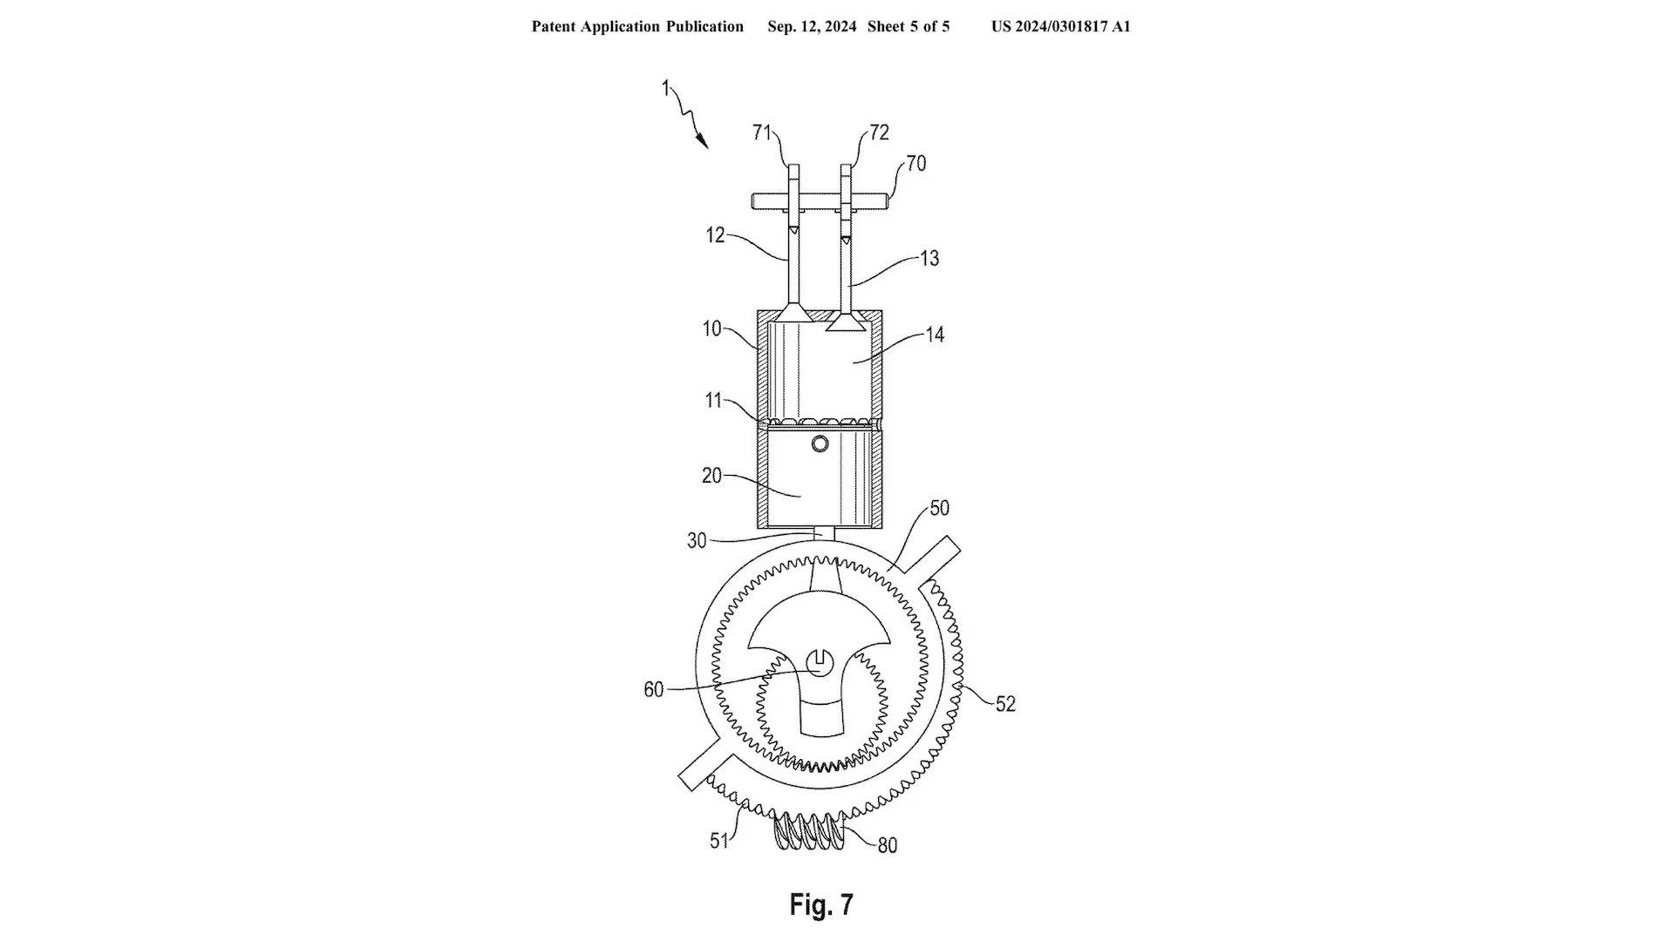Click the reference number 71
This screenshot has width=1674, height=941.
pyautogui.click(x=762, y=132)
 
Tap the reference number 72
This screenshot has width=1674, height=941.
pyautogui.click(x=879, y=132)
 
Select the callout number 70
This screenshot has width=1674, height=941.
pyautogui.click(x=915, y=163)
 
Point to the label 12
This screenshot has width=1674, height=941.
pyautogui.click(x=715, y=235)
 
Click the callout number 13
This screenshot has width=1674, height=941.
pyautogui.click(x=929, y=259)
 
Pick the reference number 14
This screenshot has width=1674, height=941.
pyautogui.click(x=935, y=335)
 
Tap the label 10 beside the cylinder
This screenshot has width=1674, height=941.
pyautogui.click(x=711, y=328)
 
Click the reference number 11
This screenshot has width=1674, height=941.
pyautogui.click(x=714, y=400)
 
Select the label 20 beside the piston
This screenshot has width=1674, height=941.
pyautogui.click(x=711, y=476)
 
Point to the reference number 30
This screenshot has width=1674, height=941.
pyautogui.click(x=697, y=540)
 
